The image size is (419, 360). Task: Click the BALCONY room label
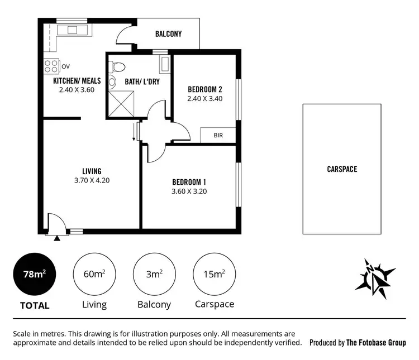click(x=168, y=34)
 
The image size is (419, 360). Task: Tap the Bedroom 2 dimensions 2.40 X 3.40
click(x=205, y=99)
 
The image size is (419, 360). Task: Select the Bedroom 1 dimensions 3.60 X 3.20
click(x=189, y=191)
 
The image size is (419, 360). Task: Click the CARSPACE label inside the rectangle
click(x=342, y=169)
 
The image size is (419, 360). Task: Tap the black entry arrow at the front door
click(x=57, y=238)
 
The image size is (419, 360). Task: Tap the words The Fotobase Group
click(x=375, y=343)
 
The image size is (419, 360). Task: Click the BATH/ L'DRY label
click(x=141, y=82)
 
